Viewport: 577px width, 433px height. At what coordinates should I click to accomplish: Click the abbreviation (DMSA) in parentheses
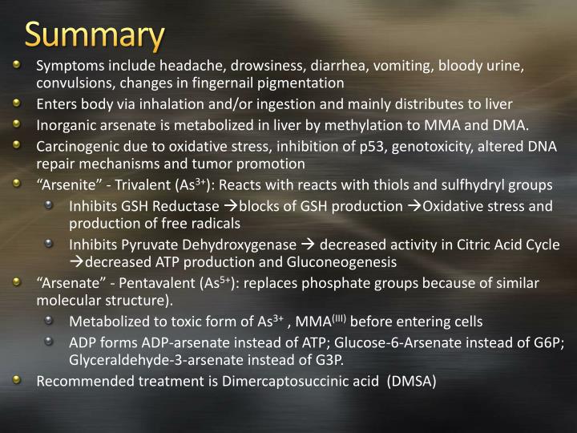(410, 382)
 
